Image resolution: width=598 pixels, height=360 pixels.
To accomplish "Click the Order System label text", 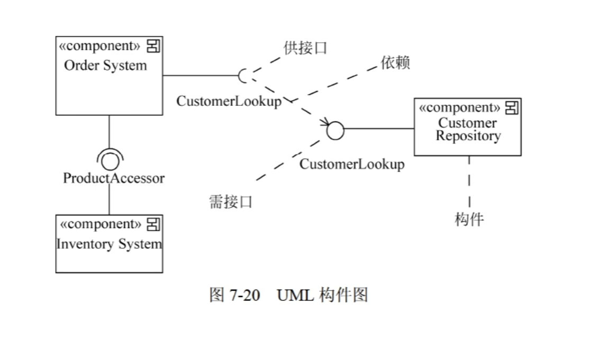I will tap(105, 66).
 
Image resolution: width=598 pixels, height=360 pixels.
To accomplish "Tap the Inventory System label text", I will tap(109, 244).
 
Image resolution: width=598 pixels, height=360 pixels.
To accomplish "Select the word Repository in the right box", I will tap(468, 136).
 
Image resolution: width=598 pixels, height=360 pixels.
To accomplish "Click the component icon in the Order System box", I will tap(153, 47).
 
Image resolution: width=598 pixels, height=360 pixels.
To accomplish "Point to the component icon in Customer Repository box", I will tap(511, 109).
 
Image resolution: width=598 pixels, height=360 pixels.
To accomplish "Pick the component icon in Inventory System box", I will tap(153, 224).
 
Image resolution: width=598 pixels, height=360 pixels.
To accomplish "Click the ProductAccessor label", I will tap(114, 178).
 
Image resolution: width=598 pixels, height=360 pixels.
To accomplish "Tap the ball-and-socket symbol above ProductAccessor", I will tap(110, 158).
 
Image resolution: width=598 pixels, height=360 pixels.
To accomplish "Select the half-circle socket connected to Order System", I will tap(242, 76).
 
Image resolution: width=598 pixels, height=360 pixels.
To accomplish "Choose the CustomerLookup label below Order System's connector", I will tap(229, 101).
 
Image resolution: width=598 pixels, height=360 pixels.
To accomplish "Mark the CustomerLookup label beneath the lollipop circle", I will tap(352, 164).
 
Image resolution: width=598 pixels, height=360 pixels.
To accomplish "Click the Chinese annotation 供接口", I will tap(305, 48).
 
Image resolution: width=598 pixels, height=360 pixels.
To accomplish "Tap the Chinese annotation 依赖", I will tap(395, 63).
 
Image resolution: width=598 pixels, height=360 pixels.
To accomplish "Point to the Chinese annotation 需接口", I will tap(231, 202).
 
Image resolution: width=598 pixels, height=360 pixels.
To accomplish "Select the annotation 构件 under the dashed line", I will tap(469, 219).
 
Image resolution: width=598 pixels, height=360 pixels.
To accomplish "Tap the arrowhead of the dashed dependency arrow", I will tap(325, 123).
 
